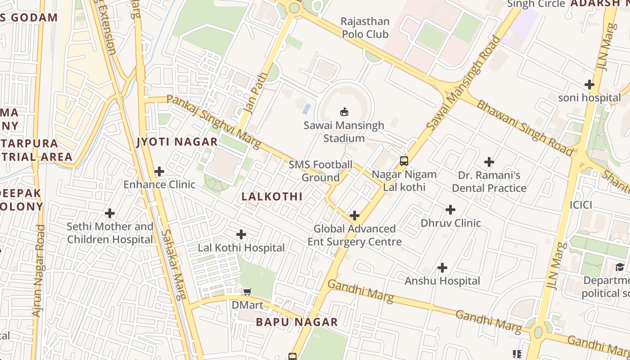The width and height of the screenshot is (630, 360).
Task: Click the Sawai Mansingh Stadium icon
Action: [344, 112]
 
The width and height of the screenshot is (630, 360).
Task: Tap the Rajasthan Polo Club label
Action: [365, 27]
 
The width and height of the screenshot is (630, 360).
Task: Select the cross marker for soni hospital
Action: [589, 85]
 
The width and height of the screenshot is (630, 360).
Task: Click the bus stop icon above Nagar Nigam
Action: [404, 161]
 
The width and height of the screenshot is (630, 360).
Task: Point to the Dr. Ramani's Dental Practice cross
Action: [489, 162]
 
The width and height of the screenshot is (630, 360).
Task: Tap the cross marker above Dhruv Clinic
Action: [450, 210]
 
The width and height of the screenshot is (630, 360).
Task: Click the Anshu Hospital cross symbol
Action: [442, 268]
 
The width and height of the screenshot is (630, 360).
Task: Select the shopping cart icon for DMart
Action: [247, 292]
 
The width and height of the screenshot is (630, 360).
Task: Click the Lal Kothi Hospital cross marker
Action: [241, 234]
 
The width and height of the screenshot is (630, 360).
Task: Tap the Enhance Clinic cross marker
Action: [159, 171]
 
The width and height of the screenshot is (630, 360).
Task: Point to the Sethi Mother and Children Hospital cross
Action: [110, 213]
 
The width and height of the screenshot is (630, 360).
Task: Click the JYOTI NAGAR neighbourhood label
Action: [177, 142]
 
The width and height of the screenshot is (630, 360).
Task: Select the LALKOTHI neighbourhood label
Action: [272, 197]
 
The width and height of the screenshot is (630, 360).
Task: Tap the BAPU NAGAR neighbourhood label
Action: [297, 322]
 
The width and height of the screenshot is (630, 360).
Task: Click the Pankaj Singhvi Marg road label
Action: [213, 121]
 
